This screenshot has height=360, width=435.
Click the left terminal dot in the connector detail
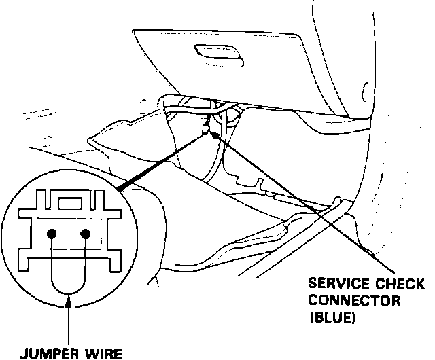51,234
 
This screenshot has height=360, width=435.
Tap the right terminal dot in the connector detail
85,234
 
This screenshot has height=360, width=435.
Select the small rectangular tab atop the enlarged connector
67,202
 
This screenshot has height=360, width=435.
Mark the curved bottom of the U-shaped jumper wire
68,292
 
